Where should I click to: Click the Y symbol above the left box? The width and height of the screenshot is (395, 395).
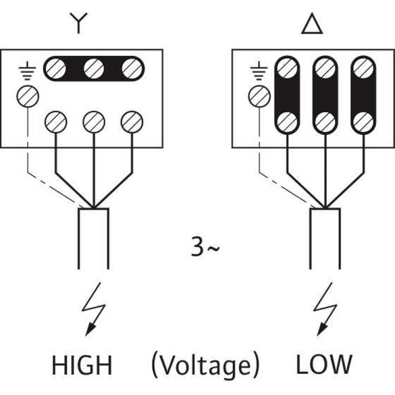click(x=77, y=24)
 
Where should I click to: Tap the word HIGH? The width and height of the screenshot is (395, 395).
click(x=82, y=364)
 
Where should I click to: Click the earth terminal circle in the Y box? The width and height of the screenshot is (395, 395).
click(x=27, y=96)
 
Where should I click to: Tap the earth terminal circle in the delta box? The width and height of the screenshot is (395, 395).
click(x=258, y=96)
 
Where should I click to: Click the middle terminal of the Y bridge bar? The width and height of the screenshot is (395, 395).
click(x=93, y=68)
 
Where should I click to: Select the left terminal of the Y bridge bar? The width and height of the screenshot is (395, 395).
click(x=55, y=68)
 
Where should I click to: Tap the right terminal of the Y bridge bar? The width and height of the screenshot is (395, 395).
click(x=131, y=68)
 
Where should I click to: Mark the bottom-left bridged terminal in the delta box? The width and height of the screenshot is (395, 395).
click(x=287, y=122)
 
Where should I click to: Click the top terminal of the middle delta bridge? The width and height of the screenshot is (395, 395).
click(x=324, y=68)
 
